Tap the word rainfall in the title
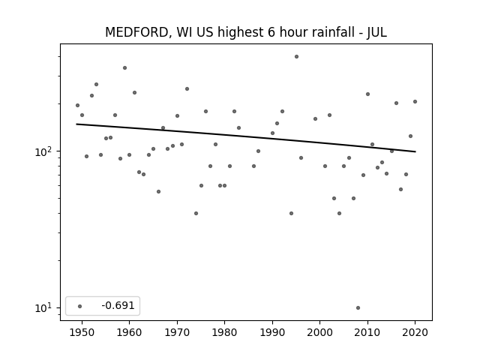click(x=330, y=32)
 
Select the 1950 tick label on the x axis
click(x=82, y=332)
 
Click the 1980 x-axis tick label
click(x=224, y=332)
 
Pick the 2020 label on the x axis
click(x=415, y=332)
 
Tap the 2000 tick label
click(x=319, y=332)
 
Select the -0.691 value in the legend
click(x=118, y=305)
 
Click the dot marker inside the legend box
click(x=80, y=306)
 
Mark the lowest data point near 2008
click(x=358, y=308)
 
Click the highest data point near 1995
click(x=297, y=57)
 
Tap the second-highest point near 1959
click(x=125, y=68)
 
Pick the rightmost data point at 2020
click(x=415, y=102)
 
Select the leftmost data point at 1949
click(x=77, y=105)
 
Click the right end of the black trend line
click(x=415, y=151)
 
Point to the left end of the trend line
click(x=76, y=124)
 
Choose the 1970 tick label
click(x=177, y=332)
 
